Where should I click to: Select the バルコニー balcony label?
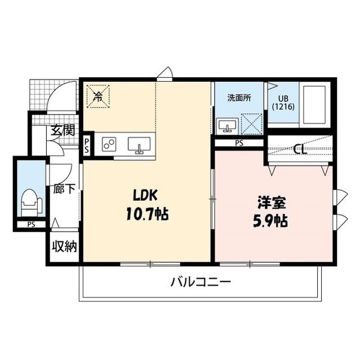click(x=201, y=281)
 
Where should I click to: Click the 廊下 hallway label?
click(x=64, y=189)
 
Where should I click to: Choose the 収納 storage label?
click(x=65, y=246)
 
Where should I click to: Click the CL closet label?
click(x=301, y=149)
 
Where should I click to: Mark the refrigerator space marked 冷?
click(x=98, y=97)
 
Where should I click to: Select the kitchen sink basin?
click(x=139, y=145)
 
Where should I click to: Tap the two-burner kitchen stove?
click(x=109, y=144)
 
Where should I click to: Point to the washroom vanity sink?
click(x=226, y=125)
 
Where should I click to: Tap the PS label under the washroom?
click(x=239, y=143)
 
